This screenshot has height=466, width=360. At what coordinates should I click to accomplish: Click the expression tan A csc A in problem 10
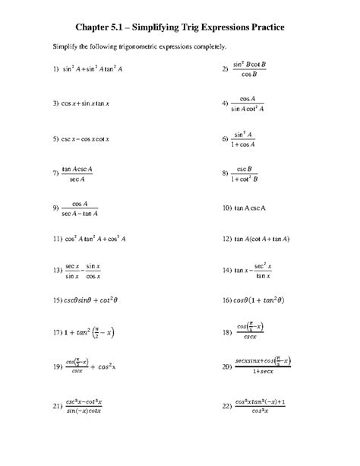coord(264,207)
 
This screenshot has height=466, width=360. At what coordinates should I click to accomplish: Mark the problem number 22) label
coord(227,407)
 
